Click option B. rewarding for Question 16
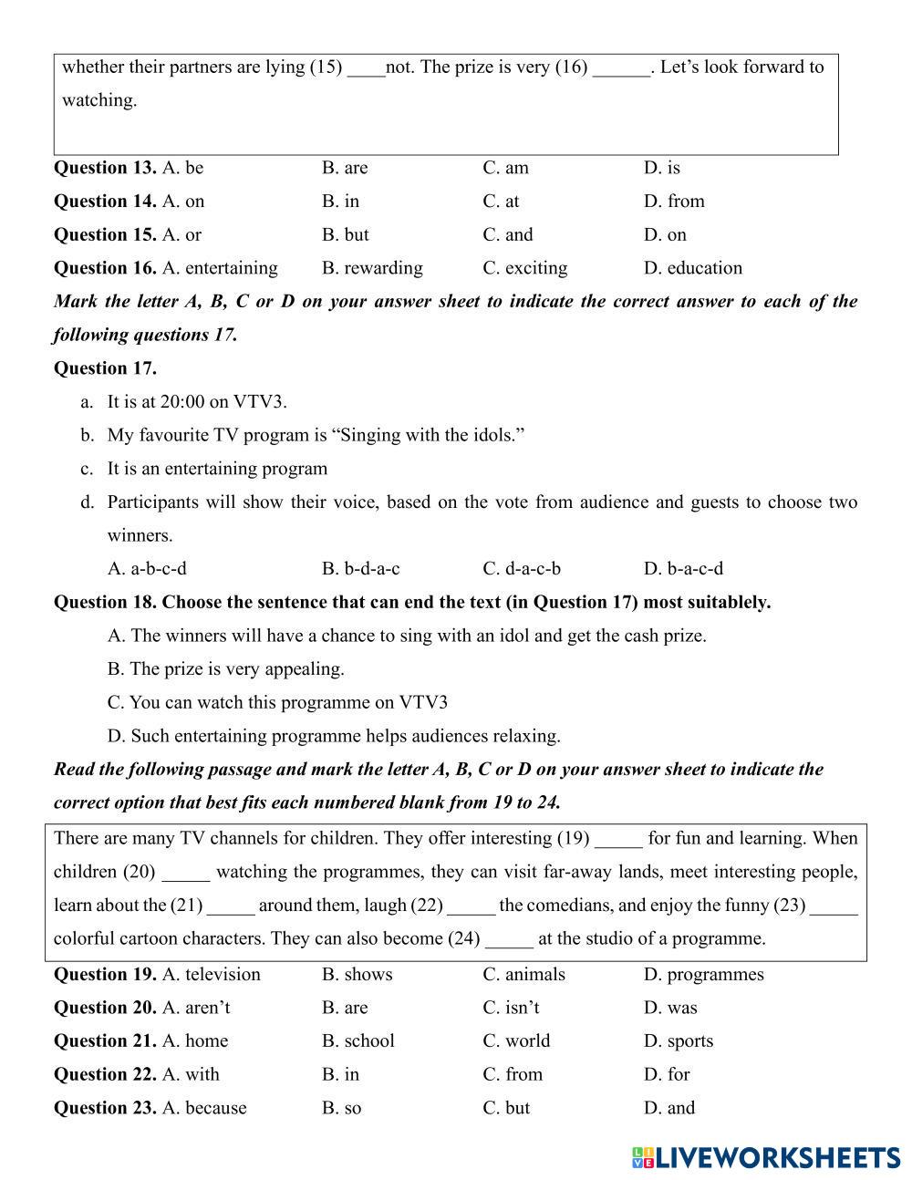pos(372,268)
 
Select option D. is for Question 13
pos(661,168)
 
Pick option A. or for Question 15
pos(181,235)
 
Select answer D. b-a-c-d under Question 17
pos(683,569)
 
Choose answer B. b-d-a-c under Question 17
pos(360,569)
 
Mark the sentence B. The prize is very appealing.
pos(225,669)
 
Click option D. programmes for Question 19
pos(703,975)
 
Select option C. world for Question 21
pos(516,1041)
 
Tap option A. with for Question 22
pos(191,1074)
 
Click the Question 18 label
pos(105,603)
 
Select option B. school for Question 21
pos(358,1041)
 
